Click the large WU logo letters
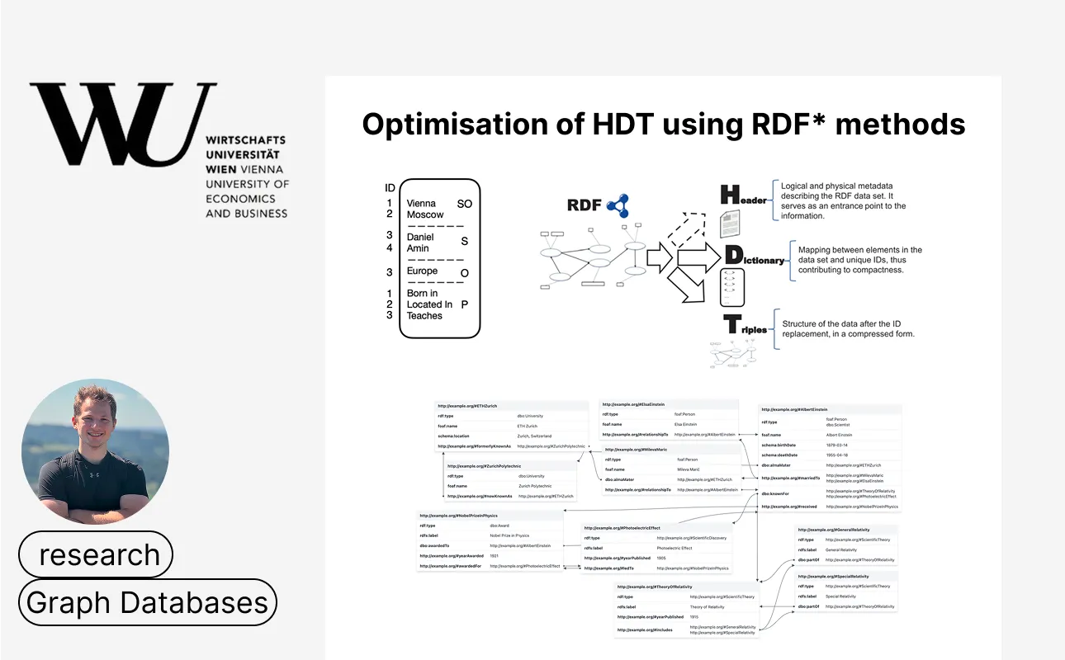click(124, 124)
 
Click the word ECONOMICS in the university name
click(240, 199)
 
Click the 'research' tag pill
click(97, 554)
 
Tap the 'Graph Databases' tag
click(148, 602)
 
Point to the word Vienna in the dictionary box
click(421, 203)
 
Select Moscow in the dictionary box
click(424, 214)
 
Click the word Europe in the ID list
click(422, 271)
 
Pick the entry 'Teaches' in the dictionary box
click(424, 316)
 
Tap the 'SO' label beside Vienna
click(464, 203)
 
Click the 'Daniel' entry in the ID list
click(420, 237)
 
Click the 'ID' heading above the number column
click(390, 188)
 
